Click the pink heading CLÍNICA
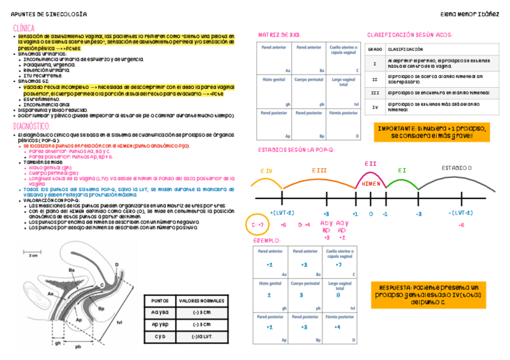[24, 28]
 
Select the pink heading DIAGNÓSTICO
[31, 126]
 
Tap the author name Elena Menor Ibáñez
[469, 14]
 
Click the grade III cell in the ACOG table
[375, 93]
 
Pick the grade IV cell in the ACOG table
[375, 108]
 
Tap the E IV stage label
[266, 171]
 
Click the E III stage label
[319, 171]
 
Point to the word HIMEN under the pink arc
[370, 183]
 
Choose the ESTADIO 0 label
[456, 168]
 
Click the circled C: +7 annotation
[257, 225]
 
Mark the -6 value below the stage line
[461, 225]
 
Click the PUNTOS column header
[159, 301]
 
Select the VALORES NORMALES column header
[201, 301]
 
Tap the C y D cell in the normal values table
[159, 336]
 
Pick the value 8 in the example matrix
[338, 295]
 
